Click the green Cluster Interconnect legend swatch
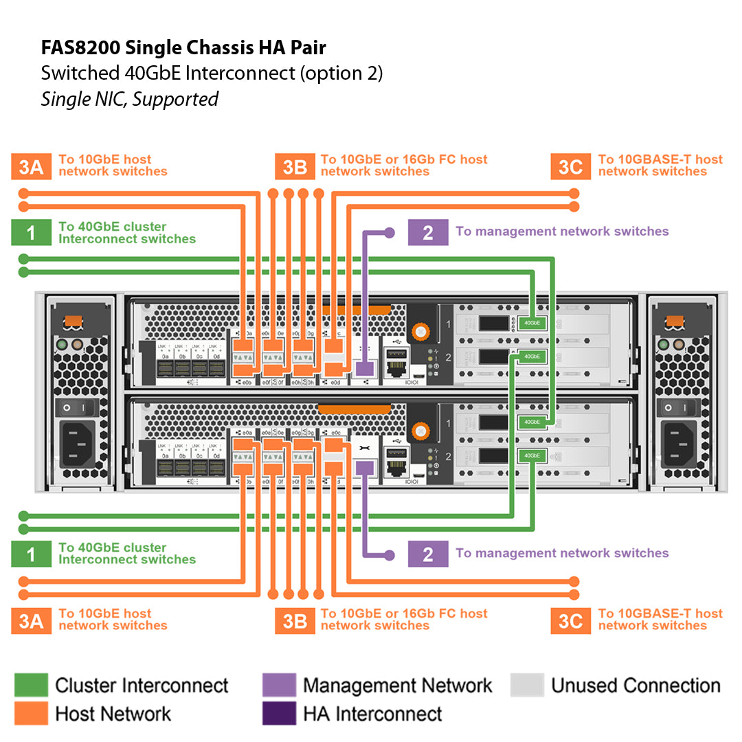tap(31, 685)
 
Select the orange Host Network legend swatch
tap(31, 713)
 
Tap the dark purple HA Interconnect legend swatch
tap(279, 713)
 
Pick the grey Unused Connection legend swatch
tap(527, 685)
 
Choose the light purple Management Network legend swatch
tap(279, 685)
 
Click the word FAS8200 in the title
tap(78, 47)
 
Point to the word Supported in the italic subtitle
tap(175, 99)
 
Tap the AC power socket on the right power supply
tap(679, 443)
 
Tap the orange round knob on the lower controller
tap(417, 431)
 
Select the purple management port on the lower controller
tap(365, 468)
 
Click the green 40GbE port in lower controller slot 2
tap(531, 455)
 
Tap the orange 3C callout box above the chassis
tap(570, 167)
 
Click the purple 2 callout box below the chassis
tap(428, 554)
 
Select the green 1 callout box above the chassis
tap(31, 233)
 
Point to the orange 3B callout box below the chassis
tap(295, 621)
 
